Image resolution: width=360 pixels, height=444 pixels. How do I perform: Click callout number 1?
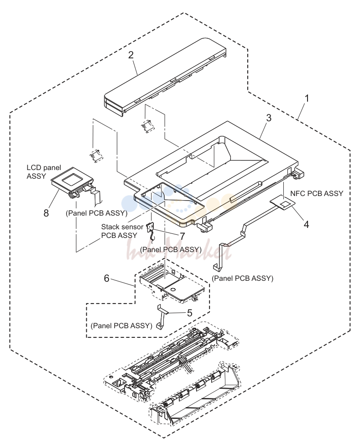coord(306,98)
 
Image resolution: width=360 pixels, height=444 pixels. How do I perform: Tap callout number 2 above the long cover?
coord(130,55)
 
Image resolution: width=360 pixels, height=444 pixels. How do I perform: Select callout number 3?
coord(268,118)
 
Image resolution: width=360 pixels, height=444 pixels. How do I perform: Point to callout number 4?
coord(306,224)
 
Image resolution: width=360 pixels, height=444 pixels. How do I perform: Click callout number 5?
coord(190,313)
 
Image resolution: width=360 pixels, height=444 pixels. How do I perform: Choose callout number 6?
coord(107,279)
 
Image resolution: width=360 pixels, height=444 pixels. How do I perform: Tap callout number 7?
coord(182,236)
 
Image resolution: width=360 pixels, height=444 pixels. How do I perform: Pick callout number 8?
coord(46,213)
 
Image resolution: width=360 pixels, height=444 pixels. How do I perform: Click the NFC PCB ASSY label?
coord(317,193)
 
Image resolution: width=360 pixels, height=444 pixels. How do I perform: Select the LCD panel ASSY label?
coord(44,172)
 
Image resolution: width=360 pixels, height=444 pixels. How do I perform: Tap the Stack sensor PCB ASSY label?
coord(122,231)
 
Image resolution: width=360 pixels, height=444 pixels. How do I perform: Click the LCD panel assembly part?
coord(73,182)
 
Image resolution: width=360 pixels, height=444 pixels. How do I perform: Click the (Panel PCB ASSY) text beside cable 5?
coord(122,325)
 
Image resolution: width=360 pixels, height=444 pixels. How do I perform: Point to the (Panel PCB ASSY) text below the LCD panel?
coord(96,213)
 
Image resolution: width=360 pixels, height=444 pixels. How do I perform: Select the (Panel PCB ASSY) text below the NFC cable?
coord(243,279)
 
